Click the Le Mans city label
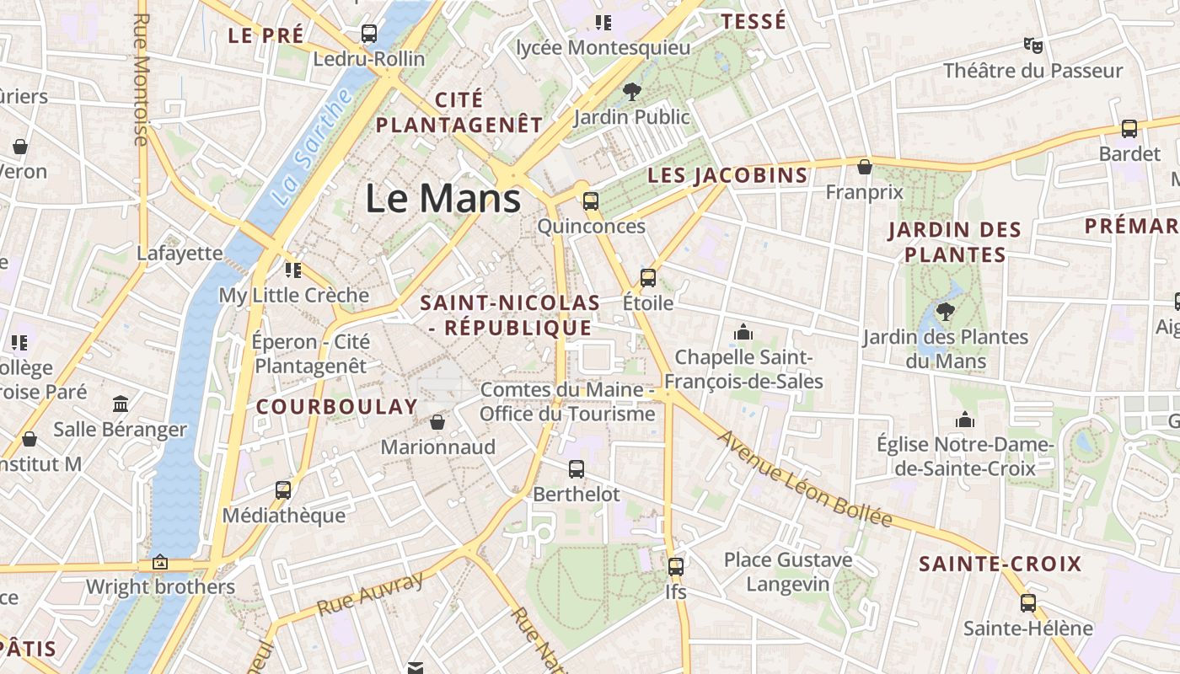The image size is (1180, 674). pos(442,199)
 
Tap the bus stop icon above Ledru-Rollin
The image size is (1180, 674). pos(368,34)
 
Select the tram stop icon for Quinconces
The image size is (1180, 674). pos(591,201)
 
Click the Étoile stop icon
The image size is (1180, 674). pos(647,277)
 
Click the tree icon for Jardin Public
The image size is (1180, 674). pos(631,91)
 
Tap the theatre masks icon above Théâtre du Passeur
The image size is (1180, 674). pos(1032,45)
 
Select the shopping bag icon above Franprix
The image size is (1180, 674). pos(864,167)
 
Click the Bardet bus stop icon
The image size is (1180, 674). pos(1129,129)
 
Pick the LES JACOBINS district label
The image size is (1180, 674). pos(727,175)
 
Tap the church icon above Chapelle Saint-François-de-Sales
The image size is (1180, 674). pos(743,332)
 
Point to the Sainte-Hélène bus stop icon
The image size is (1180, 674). pos(1027,602)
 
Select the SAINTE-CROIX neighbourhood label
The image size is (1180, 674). pos(1000,564)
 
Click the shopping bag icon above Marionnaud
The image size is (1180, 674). pos(437,421)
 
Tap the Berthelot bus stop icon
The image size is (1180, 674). pos(577,469)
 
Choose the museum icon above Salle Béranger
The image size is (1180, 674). pos(121,404)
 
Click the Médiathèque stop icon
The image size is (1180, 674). pos(283,489)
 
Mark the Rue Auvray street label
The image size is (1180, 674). pos(371,594)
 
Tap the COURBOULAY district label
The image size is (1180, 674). pos(336,407)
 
